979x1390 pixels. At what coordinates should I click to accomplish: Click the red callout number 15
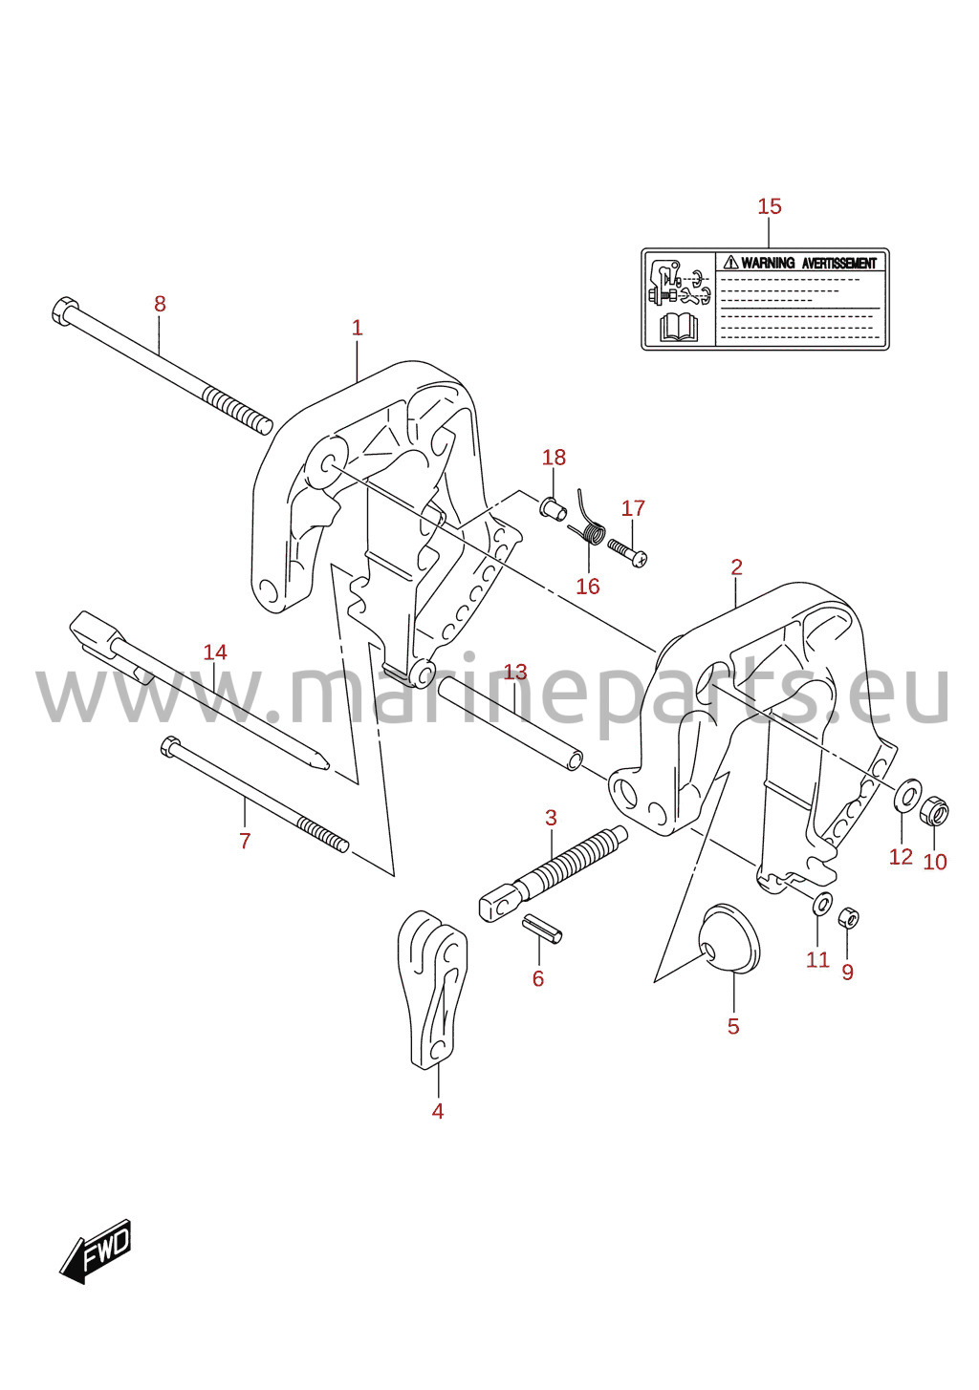(x=769, y=206)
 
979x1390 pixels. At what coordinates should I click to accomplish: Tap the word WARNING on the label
(x=768, y=263)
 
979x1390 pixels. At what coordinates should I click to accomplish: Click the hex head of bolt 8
(x=64, y=310)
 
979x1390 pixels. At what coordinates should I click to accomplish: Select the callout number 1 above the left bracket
(x=358, y=328)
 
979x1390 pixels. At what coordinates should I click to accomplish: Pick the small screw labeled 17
(x=627, y=550)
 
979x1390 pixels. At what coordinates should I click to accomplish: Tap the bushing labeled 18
(x=553, y=508)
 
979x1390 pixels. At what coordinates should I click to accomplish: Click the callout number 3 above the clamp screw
(x=551, y=818)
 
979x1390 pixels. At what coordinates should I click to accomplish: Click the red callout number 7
(x=245, y=841)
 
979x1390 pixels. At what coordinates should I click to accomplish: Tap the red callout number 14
(x=215, y=652)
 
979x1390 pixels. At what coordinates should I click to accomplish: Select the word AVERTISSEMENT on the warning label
(x=838, y=263)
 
